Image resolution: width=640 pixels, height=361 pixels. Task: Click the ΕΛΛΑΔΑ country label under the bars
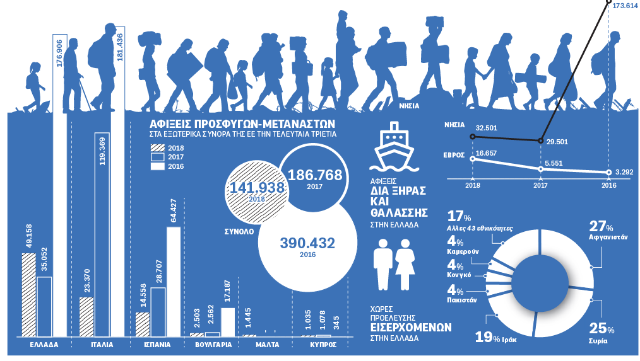click(44, 345)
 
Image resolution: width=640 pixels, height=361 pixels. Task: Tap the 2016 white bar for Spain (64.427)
click(174, 281)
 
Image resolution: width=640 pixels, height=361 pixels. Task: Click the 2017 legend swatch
click(157, 157)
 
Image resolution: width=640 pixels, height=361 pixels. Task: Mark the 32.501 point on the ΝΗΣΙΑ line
click(473, 136)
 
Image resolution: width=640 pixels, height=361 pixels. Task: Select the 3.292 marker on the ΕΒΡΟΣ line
click(608, 172)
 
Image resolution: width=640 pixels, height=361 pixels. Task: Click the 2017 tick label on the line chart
click(541, 185)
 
